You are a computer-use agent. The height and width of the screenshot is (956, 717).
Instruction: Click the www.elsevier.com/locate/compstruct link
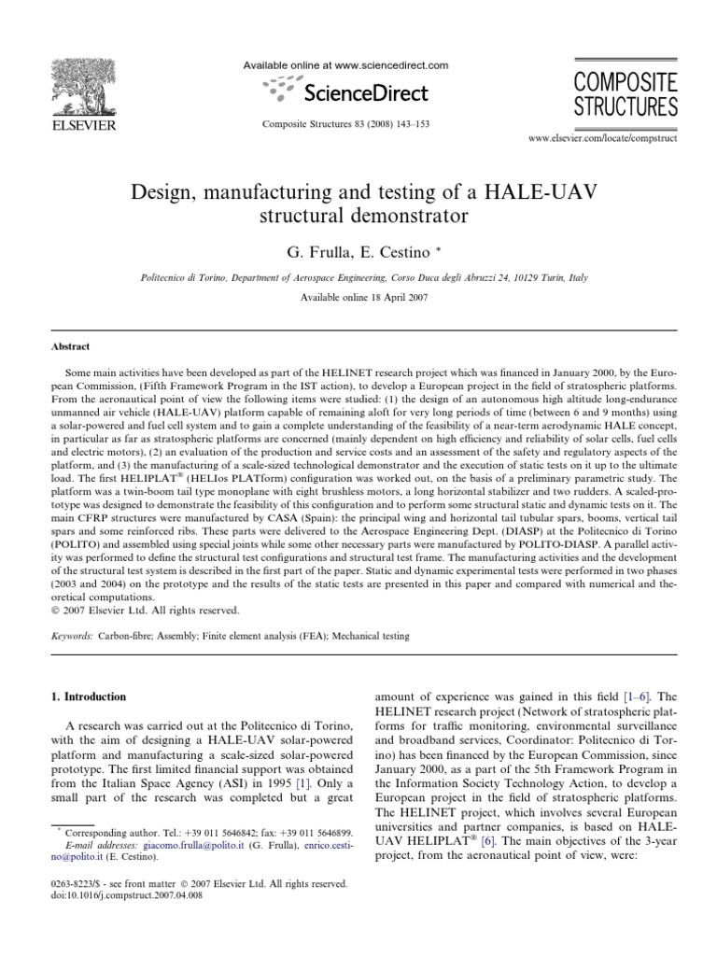603,137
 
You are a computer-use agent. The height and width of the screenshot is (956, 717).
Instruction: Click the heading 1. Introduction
98,696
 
